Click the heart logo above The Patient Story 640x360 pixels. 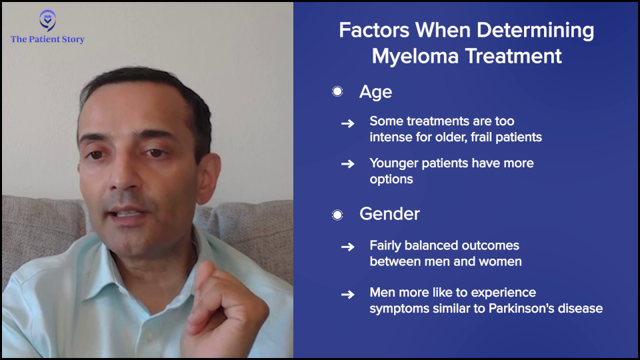pos(48,21)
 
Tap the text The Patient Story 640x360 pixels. pos(48,39)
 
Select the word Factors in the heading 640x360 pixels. pos(374,30)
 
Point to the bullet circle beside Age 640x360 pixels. pos(337,91)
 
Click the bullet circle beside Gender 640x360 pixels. pos(337,215)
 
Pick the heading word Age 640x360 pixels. pos(375,93)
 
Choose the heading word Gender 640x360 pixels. pos(389,214)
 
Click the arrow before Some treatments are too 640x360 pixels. pos(348,123)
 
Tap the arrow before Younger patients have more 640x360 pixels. pos(348,164)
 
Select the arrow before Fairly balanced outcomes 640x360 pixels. pos(348,247)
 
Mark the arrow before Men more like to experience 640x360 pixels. pos(348,294)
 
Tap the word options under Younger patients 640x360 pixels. pos(391,179)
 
